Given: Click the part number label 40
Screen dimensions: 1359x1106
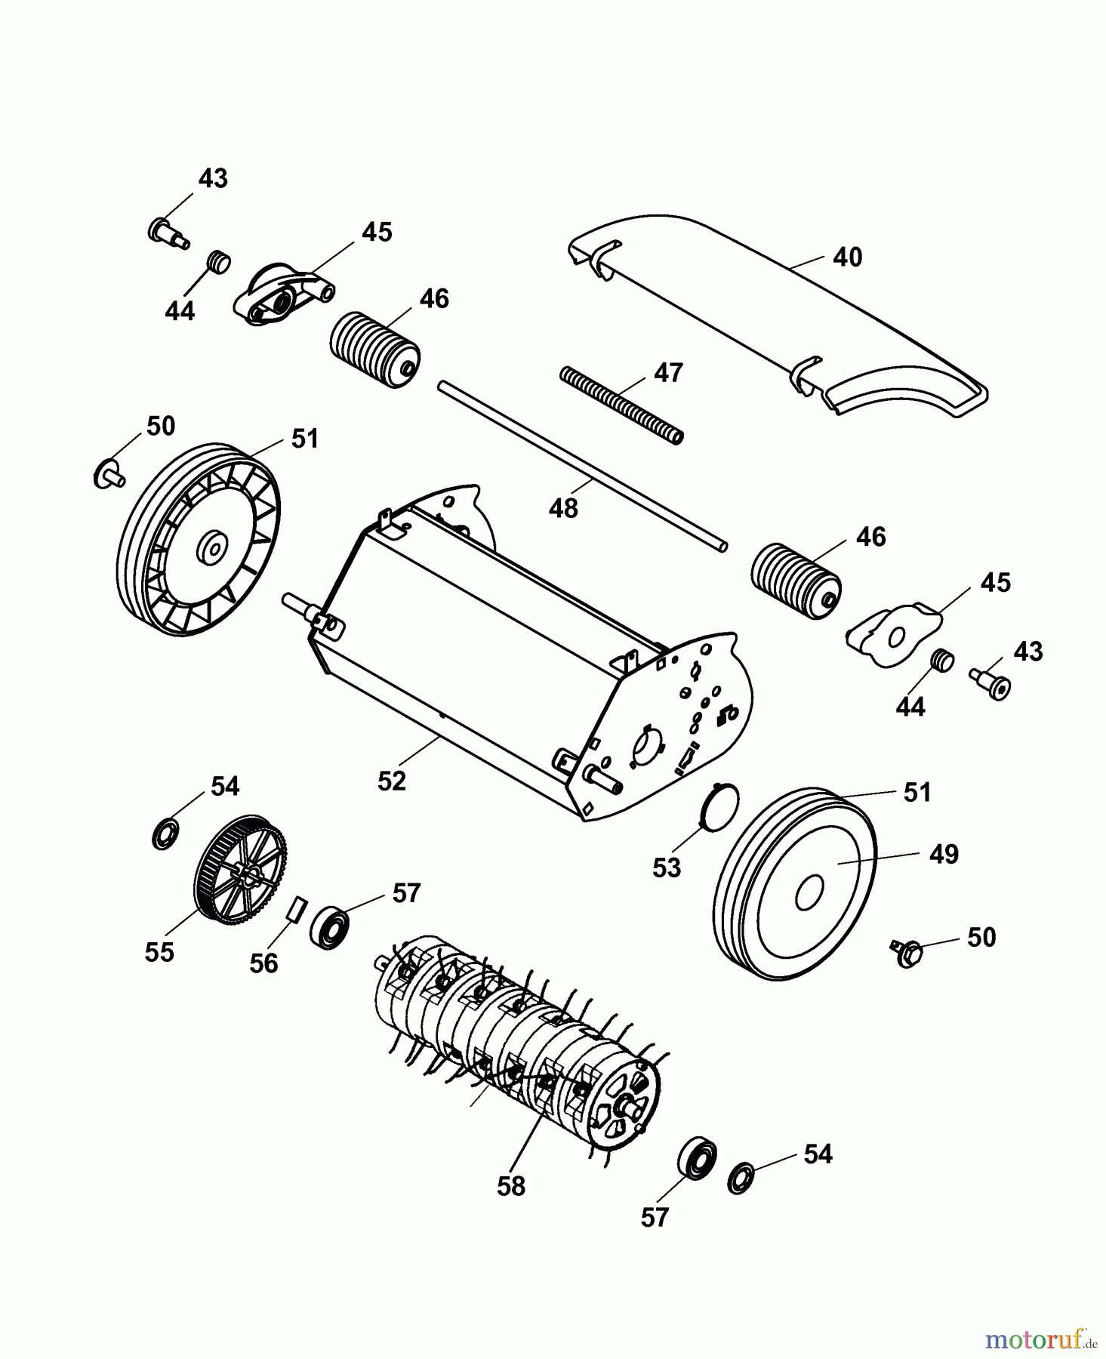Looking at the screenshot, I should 847,257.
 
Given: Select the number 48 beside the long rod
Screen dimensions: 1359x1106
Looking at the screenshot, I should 563,508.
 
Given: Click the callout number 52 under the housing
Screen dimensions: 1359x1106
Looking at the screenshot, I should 392,781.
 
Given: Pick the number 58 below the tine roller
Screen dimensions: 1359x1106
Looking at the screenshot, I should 511,1186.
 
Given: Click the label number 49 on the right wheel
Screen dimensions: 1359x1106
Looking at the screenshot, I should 944,854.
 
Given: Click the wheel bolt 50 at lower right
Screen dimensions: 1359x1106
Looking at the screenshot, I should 907,953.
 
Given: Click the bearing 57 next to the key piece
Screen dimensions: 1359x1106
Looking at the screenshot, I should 329,929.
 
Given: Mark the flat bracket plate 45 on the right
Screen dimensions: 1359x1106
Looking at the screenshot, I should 894,634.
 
